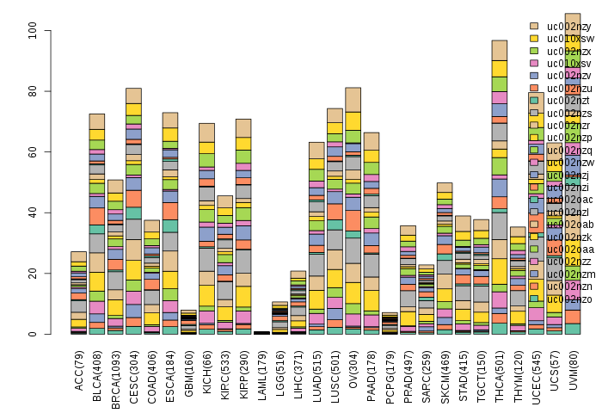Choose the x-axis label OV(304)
coord(353,368)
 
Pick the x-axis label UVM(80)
coord(573,368)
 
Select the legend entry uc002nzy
coord(563,27)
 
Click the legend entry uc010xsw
coord(563,39)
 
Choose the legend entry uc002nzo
coord(563,323)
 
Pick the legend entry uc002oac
coord(563,199)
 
